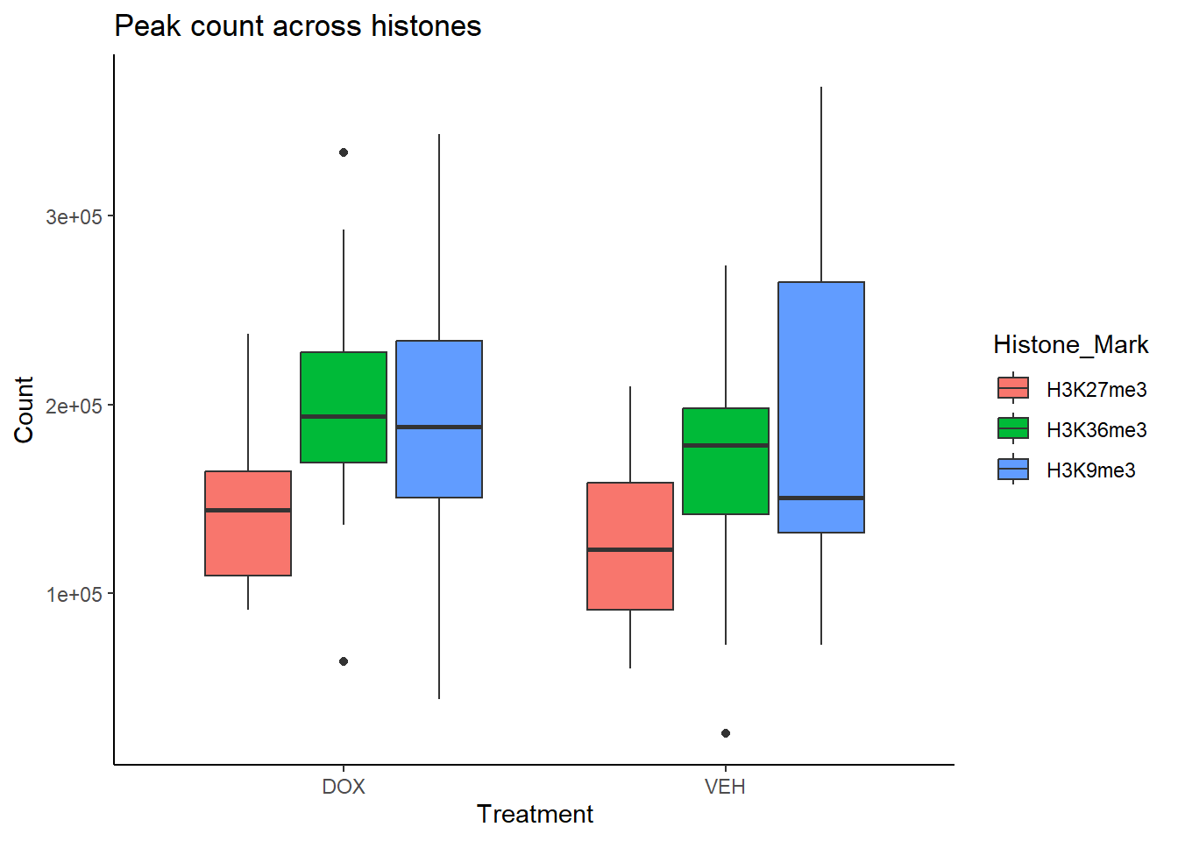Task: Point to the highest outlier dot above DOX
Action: [x=344, y=152]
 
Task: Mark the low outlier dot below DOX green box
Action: [x=344, y=661]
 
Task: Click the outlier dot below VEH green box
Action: [x=726, y=733]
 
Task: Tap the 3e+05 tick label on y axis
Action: [x=74, y=217]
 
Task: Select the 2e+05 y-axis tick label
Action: [x=74, y=406]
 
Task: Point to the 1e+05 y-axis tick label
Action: [x=74, y=595]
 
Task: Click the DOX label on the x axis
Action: [x=344, y=787]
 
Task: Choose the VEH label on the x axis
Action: [x=726, y=787]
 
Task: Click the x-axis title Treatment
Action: [x=535, y=815]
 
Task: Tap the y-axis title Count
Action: [x=24, y=410]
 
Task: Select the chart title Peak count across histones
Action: [x=298, y=26]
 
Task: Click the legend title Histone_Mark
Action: [x=1070, y=345]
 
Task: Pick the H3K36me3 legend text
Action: [x=1096, y=430]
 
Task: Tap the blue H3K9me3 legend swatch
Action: [x=1013, y=470]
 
